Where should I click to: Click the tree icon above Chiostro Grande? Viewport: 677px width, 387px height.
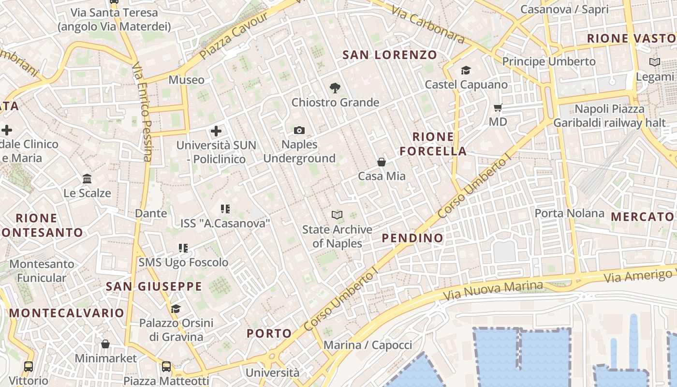335,88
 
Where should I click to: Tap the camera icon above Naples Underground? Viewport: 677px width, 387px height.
299,130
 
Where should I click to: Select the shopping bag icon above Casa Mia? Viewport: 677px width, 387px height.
382,162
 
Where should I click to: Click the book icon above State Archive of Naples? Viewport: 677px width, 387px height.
337,215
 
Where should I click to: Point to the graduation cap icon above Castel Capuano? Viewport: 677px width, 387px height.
466,71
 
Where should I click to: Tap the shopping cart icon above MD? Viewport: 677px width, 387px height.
498,107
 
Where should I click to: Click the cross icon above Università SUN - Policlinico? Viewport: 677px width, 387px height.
216,131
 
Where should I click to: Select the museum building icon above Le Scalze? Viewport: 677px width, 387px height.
87,179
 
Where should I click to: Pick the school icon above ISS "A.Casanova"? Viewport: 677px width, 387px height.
225,209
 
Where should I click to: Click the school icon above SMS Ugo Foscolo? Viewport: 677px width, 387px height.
183,248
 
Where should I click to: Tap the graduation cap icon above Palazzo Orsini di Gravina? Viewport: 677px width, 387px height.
176,309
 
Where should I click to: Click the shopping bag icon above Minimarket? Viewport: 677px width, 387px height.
105,344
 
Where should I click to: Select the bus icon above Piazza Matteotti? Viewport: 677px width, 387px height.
166,366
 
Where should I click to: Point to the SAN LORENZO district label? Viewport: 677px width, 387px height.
390,55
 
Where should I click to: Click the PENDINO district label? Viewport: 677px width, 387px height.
412,238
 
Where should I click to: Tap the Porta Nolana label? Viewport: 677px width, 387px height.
569,213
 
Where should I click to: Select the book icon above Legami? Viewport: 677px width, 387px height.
655,62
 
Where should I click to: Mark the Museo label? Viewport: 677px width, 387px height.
187,80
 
